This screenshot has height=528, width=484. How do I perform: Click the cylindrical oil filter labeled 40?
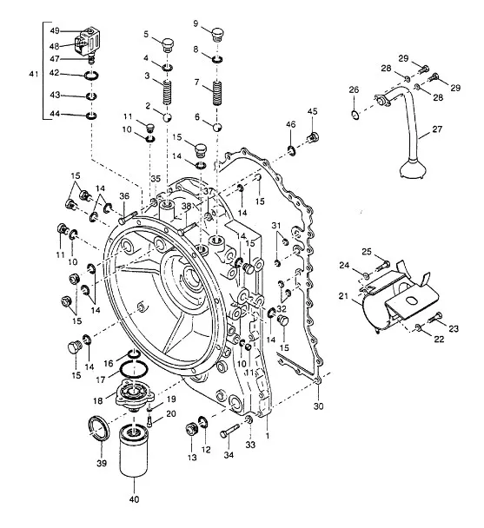pyautogui.click(x=134, y=450)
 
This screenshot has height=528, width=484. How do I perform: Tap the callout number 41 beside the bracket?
pyautogui.click(x=34, y=74)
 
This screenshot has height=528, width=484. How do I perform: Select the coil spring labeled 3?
pyautogui.click(x=168, y=92)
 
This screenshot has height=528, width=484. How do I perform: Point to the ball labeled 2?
pyautogui.click(x=167, y=117)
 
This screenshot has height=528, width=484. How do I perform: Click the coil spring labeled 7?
pyautogui.click(x=217, y=93)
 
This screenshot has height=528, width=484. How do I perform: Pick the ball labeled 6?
pyautogui.click(x=217, y=128)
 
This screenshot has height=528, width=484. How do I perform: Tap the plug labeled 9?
pyautogui.click(x=218, y=35)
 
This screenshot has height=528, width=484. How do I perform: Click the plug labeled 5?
pyautogui.click(x=167, y=45)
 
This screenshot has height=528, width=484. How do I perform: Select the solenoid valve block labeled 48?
pyautogui.click(x=88, y=42)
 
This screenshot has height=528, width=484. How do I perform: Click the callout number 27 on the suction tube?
pyautogui.click(x=437, y=129)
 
